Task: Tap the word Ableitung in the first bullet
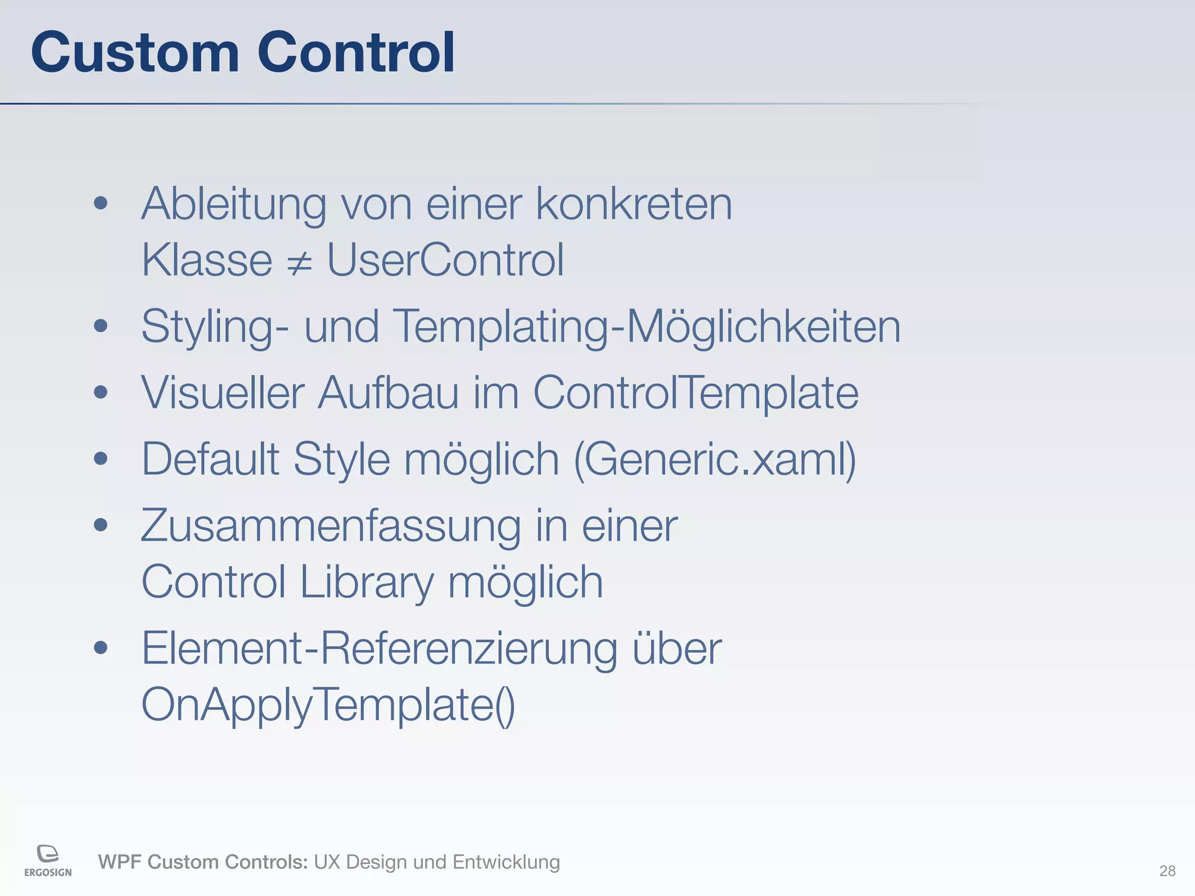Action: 233,204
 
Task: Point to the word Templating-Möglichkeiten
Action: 647,327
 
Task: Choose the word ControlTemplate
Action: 696,393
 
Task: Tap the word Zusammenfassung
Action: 331,526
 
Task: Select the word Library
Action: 366,582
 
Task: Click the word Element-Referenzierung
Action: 379,649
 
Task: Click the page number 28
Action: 1167,871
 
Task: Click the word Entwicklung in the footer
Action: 506,862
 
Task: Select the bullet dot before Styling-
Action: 101,325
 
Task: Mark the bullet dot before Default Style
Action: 101,459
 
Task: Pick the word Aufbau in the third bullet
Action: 388,393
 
